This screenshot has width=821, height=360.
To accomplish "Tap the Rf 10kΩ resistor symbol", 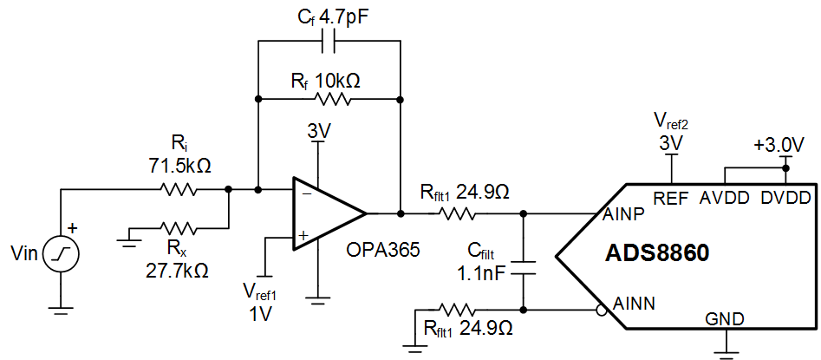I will (329, 99).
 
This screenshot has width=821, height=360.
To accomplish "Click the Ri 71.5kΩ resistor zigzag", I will (179, 187).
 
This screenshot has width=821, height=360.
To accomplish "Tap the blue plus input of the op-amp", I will (303, 234).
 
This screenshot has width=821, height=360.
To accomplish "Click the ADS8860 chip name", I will (657, 254).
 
